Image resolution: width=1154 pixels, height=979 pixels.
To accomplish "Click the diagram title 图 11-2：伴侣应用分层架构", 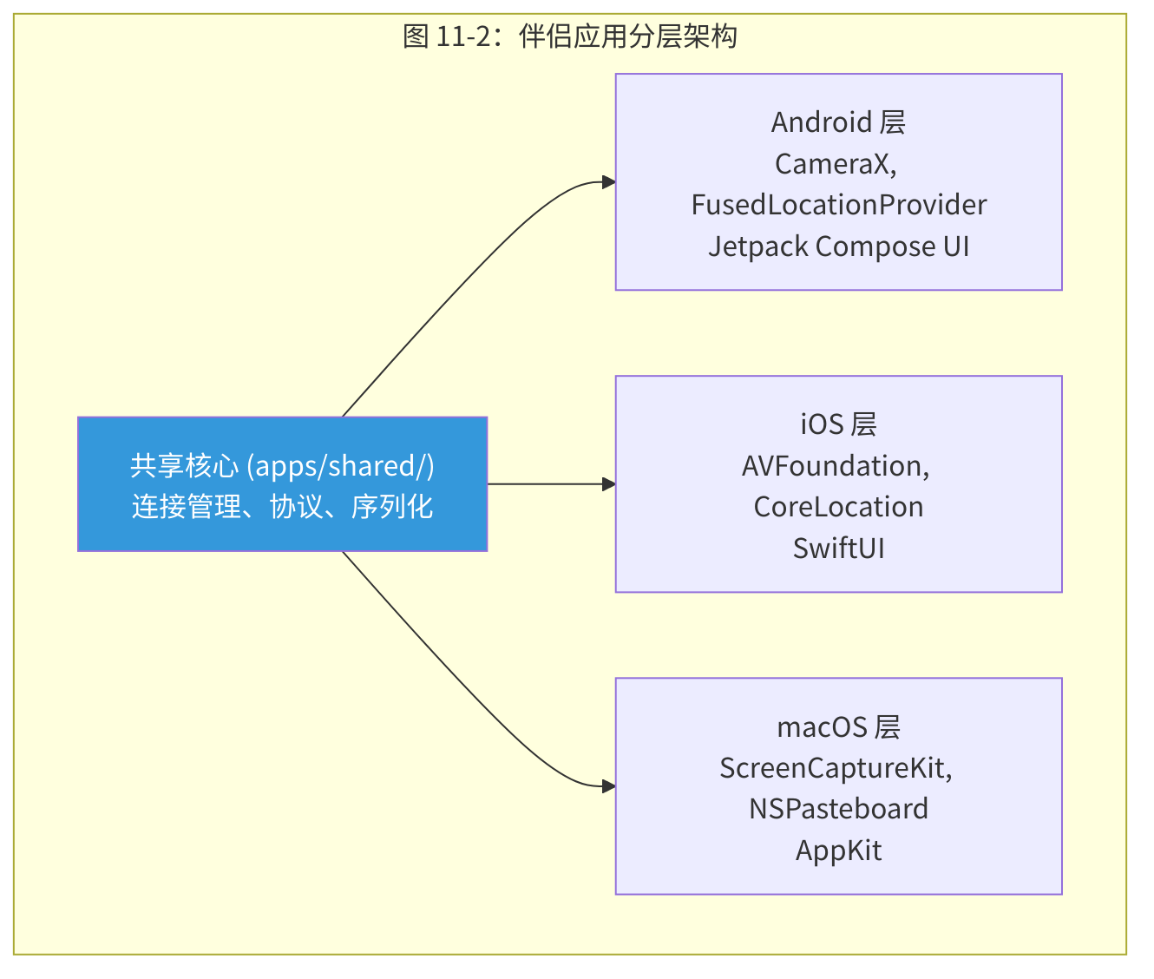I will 570,36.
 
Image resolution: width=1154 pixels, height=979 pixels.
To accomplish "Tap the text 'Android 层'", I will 838,122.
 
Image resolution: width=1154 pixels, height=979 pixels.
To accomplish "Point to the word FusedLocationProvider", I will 838,205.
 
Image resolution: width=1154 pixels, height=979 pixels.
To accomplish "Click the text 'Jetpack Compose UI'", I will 838,246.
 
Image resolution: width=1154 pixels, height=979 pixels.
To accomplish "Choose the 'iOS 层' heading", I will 838,424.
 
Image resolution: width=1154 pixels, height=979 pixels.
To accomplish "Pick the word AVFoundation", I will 831,466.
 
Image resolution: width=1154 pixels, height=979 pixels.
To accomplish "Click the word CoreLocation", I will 838,507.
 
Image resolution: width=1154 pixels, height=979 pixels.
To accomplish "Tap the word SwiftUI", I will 838,549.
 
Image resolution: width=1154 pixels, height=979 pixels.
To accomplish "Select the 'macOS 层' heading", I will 838,726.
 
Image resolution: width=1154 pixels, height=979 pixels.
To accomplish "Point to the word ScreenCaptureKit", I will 832,768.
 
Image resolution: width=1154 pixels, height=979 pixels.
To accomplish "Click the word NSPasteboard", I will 838,809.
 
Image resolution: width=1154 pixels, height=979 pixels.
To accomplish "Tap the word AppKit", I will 838,851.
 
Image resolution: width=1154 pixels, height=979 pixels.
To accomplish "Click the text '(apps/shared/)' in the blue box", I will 341,466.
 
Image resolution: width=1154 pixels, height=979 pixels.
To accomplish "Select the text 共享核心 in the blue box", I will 184,466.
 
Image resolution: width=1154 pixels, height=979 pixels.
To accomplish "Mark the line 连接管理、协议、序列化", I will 282,507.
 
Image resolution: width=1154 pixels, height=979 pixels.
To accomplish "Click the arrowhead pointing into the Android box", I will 609,182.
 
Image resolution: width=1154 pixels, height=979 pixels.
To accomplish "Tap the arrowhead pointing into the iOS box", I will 609,484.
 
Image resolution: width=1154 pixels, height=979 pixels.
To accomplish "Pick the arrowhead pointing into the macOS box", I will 609,786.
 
